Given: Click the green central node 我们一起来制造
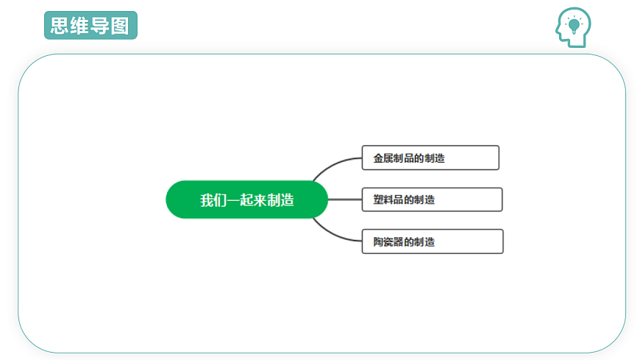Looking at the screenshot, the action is click(246, 200).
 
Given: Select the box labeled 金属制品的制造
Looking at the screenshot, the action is click(430, 158).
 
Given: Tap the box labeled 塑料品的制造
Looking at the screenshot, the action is click(432, 200).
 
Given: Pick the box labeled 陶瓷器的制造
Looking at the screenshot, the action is click(433, 241).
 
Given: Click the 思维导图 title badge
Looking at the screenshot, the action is click(90, 25).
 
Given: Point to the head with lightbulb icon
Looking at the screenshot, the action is click(573, 27).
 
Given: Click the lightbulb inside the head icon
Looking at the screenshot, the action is click(574, 25).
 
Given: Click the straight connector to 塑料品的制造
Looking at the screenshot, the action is click(345, 200).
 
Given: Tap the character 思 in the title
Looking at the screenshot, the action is click(60, 25).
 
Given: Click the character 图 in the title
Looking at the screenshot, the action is click(120, 26).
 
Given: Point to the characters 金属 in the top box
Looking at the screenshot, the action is click(383, 158).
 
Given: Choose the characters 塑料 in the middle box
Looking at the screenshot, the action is click(383, 200).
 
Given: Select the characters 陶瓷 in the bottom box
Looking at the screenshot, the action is click(383, 242).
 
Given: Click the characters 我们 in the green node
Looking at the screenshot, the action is click(213, 200).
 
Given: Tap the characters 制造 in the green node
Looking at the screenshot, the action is click(281, 200).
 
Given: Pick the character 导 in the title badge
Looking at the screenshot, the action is click(100, 26).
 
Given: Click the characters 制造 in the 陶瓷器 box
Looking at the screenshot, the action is click(424, 242).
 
